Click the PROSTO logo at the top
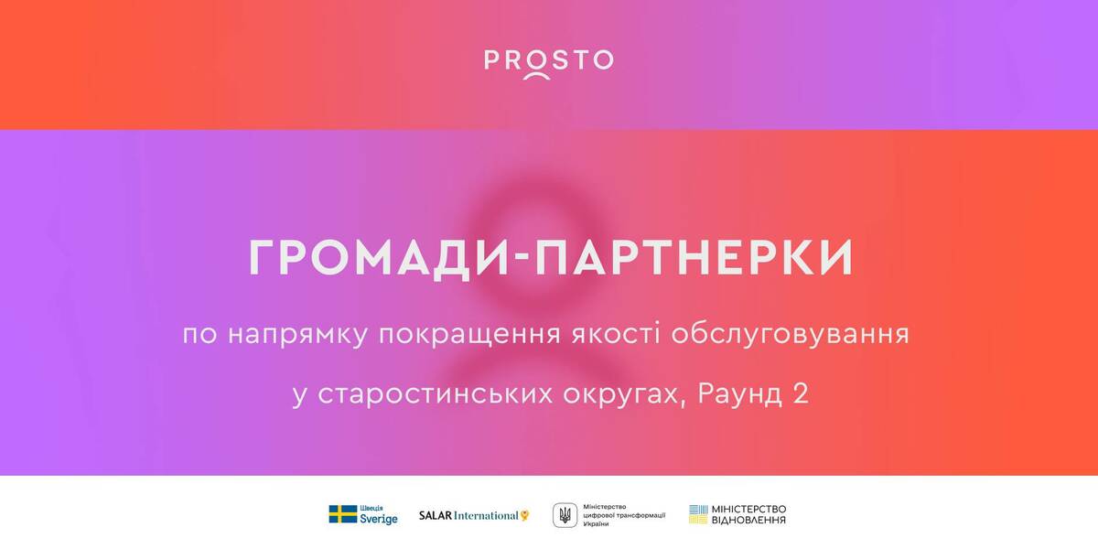(x=548, y=62)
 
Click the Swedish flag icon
(x=343, y=514)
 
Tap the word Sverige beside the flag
(x=378, y=519)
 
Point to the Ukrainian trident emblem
(x=564, y=515)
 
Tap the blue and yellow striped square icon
(x=698, y=514)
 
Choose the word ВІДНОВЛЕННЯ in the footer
(x=750, y=521)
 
